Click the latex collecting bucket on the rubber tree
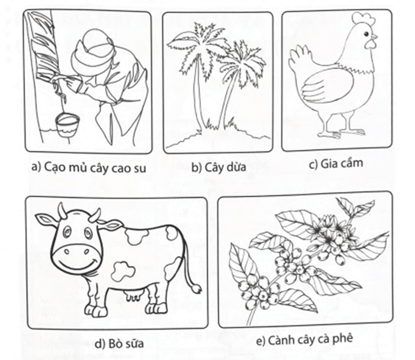[x=67, y=125]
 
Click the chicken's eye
[x=366, y=34]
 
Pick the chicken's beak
[x=374, y=38]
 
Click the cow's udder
[x=134, y=294]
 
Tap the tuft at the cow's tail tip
[x=196, y=288]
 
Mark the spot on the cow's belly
[x=124, y=271]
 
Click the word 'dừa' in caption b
[x=236, y=167]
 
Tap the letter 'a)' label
[x=36, y=167]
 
